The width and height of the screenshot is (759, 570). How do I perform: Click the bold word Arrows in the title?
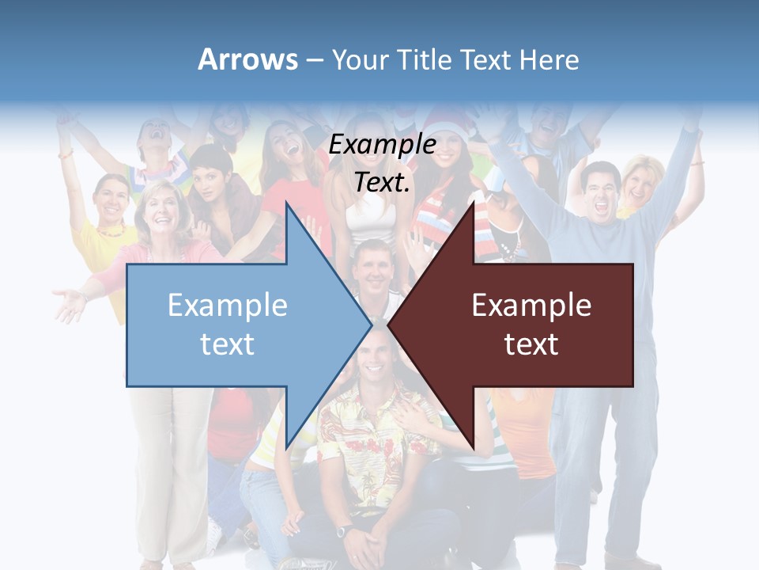[248, 59]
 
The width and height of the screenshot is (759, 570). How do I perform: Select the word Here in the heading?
[549, 59]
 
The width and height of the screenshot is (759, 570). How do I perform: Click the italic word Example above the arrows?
[383, 144]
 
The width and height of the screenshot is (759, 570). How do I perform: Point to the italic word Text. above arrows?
[383, 182]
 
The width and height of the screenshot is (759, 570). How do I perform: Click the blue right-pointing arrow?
[237, 325]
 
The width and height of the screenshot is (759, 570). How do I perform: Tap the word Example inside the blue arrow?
[228, 305]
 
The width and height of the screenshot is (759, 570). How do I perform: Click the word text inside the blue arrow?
[228, 344]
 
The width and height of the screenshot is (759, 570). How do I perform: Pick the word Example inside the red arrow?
[531, 305]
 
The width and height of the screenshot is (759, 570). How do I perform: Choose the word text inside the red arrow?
[531, 344]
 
